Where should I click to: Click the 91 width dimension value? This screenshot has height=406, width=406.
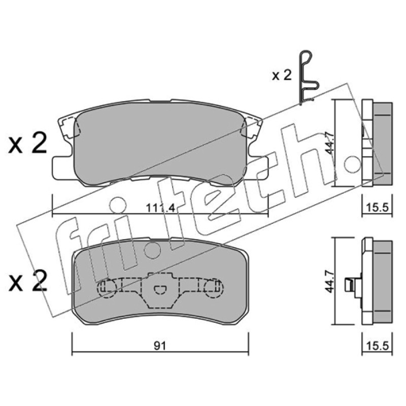pos(160,346)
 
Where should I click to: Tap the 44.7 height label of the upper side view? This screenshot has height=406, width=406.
pos(329,143)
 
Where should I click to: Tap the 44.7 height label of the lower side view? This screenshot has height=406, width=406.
pos(329,281)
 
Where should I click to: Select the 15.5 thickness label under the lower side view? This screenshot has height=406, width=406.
pos(378,346)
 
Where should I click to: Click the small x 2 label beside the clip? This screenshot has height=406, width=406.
pos(282,75)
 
